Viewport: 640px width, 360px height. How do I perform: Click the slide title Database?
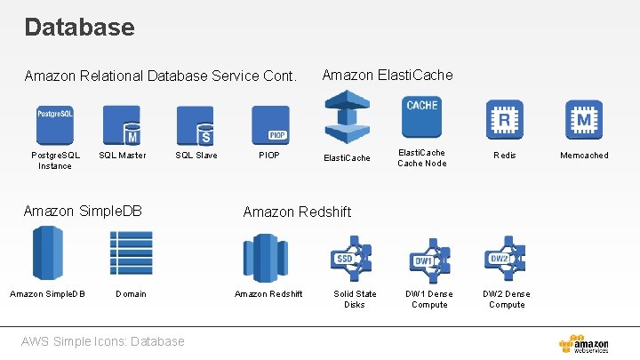(x=79, y=27)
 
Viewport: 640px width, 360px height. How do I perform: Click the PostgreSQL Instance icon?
(x=55, y=124)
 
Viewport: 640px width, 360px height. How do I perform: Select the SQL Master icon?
(x=122, y=124)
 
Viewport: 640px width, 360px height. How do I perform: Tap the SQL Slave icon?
(x=196, y=124)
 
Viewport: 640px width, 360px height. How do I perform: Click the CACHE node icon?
(x=421, y=118)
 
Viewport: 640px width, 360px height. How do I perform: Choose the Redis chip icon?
(x=505, y=118)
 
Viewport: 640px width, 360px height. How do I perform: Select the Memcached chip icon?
(x=584, y=118)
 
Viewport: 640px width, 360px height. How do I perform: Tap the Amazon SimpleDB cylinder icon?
(x=47, y=254)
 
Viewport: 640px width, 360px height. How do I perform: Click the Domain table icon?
(x=131, y=254)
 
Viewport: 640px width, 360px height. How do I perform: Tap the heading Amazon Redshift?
(x=297, y=212)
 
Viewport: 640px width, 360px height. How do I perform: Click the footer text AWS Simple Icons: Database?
(x=105, y=341)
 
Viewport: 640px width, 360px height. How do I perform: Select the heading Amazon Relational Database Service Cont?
(x=160, y=76)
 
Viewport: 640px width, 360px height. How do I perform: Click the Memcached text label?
(x=584, y=156)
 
